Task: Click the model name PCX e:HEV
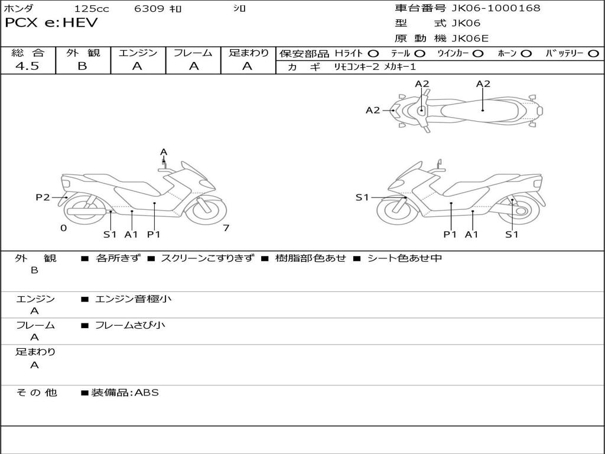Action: point(51,23)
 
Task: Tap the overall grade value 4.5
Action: point(27,66)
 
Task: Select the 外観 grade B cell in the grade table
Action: point(82,66)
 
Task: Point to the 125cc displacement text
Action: point(91,9)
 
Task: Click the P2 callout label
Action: point(43,197)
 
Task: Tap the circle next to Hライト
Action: point(373,53)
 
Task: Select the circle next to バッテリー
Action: point(593,53)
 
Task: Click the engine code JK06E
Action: point(470,39)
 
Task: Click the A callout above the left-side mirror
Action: point(164,153)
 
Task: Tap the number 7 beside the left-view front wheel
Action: point(226,228)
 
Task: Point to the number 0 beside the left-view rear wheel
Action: point(63,228)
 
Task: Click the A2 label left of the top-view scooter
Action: point(373,110)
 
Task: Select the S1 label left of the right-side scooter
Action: point(362,197)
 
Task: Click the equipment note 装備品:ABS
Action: point(125,393)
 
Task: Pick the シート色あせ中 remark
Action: point(404,258)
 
